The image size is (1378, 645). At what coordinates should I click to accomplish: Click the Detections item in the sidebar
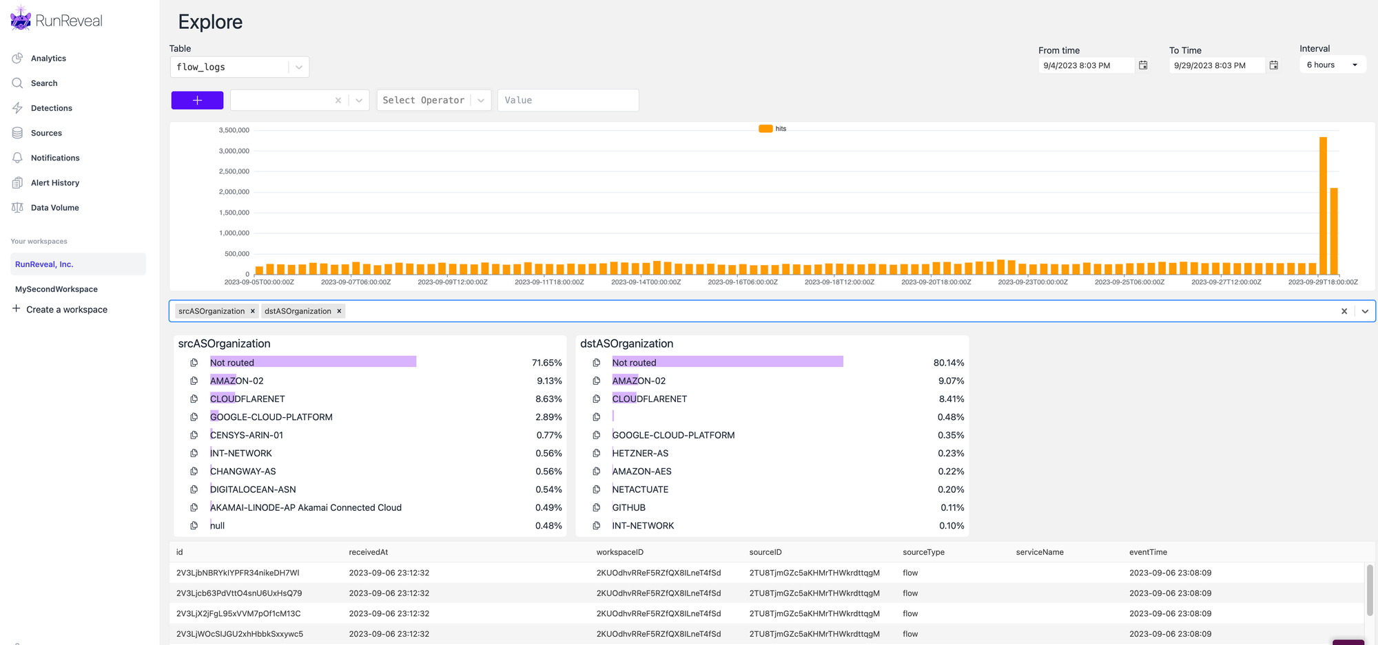(51, 108)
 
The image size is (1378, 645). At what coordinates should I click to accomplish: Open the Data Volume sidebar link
(54, 208)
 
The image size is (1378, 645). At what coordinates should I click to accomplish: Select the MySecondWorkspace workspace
(56, 289)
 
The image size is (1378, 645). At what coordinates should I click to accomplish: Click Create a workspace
(66, 310)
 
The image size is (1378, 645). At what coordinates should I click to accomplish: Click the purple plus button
(197, 101)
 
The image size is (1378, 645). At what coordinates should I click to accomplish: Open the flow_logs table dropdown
(298, 67)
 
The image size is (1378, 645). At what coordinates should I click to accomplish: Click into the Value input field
(567, 101)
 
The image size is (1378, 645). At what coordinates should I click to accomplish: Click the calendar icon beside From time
(1143, 65)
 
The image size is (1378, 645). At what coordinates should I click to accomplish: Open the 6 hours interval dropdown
(1332, 65)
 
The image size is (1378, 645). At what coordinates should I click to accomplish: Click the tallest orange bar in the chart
(1323, 206)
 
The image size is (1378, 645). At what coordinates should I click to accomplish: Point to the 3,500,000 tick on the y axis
(234, 130)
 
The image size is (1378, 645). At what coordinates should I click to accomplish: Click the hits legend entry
(773, 129)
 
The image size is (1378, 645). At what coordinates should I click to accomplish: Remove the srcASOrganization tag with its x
(253, 311)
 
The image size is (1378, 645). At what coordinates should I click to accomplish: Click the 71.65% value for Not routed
(546, 363)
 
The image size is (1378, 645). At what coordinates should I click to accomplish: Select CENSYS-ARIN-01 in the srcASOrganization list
(247, 435)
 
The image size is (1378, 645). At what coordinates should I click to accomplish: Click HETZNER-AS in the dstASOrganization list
(640, 454)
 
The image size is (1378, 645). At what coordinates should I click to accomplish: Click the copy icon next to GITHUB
(597, 508)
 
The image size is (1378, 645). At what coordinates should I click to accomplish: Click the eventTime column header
(1148, 552)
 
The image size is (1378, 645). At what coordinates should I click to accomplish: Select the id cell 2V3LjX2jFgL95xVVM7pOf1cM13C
(238, 613)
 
